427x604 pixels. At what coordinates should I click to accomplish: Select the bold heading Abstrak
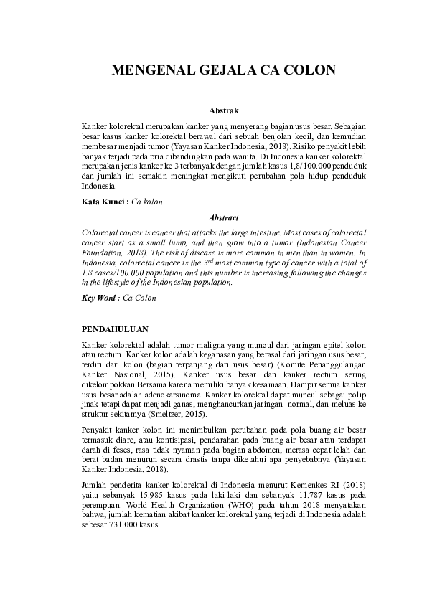[224, 111]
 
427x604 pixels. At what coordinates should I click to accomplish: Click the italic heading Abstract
[224, 217]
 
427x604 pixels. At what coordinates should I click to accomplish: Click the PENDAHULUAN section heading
[115, 329]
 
